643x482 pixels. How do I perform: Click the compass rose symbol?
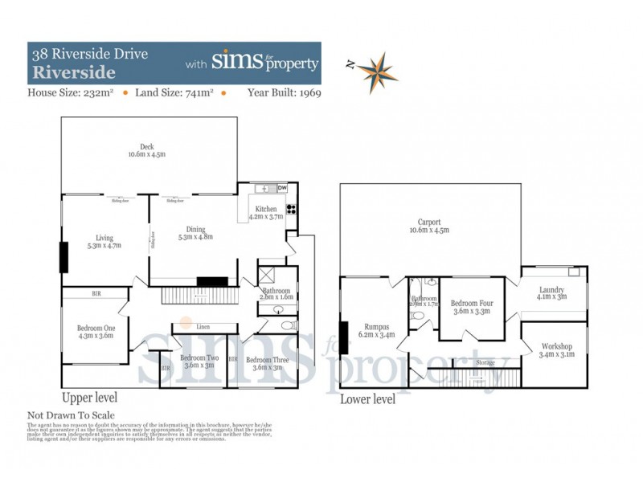coord(372,72)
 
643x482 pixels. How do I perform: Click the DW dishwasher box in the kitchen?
coord(281,189)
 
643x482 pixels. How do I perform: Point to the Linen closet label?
coord(203,327)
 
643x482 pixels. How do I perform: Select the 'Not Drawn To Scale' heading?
coord(72,415)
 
